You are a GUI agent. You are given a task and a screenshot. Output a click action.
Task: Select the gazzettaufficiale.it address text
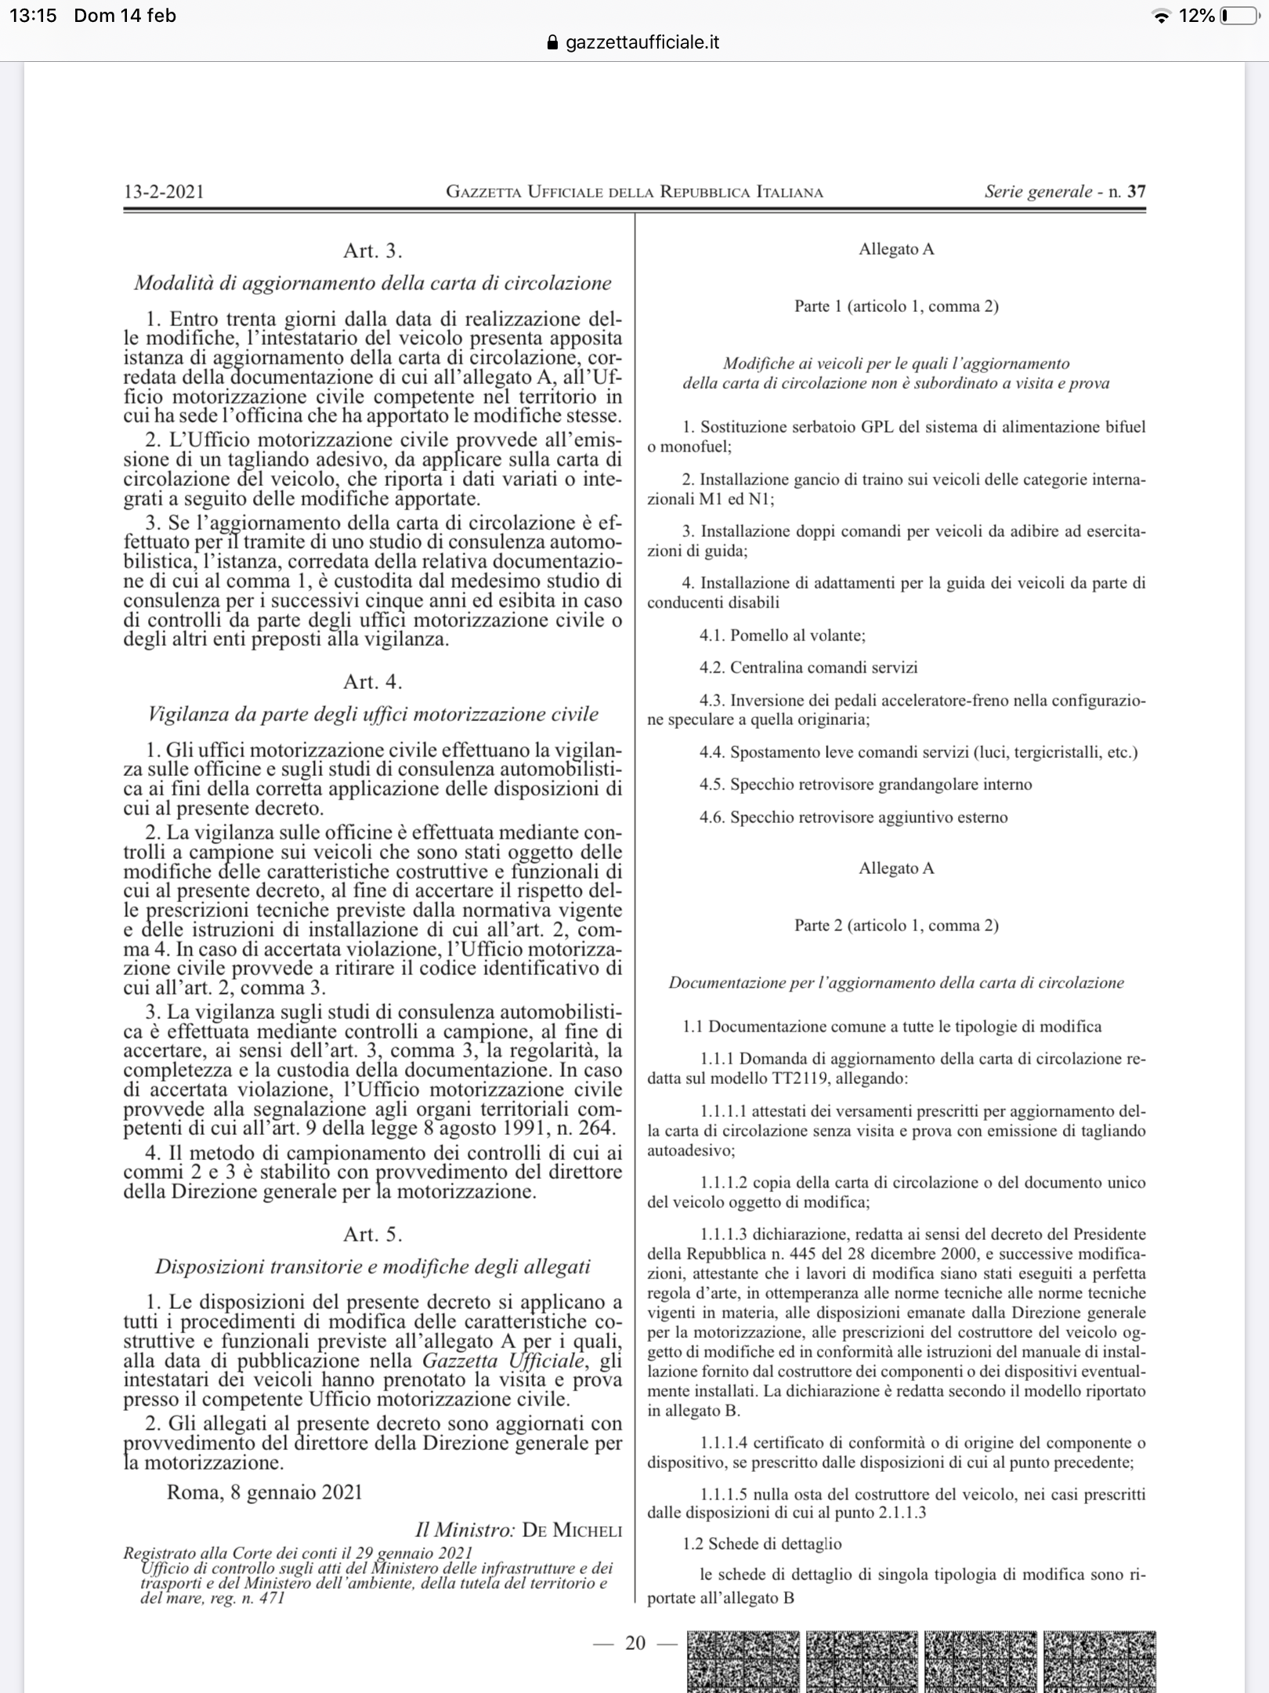[642, 42]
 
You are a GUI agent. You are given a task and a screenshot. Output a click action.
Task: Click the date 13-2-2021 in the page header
[164, 192]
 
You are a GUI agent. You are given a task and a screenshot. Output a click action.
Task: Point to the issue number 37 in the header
[1136, 191]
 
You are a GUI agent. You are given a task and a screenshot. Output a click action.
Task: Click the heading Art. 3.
[373, 251]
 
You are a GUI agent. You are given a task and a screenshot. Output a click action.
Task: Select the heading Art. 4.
[373, 682]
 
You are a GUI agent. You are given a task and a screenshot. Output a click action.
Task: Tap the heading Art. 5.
[373, 1234]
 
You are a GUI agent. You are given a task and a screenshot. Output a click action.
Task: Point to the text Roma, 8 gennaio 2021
[265, 1492]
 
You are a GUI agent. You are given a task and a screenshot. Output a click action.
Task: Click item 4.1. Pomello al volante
[783, 635]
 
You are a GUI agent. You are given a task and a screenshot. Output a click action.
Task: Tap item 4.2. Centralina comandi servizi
[808, 668]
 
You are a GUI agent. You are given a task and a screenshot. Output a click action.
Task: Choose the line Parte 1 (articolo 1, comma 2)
[896, 306]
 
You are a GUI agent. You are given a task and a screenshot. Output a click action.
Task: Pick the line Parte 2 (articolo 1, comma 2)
[896, 926]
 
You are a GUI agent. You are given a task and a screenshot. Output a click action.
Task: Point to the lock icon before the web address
[554, 42]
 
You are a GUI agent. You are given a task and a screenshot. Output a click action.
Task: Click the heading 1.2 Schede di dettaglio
[762, 1544]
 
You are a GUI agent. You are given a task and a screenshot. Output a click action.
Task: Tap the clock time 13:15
[34, 16]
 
